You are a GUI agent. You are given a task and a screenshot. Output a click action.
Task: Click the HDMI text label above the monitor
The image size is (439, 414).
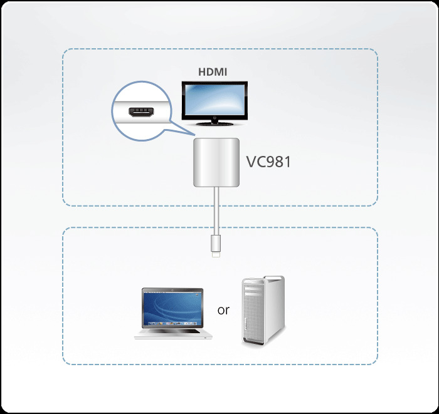tap(213, 72)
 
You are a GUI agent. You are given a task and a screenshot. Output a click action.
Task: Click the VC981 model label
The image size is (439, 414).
tap(268, 162)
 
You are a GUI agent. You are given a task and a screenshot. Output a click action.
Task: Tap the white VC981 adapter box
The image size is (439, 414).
tap(215, 163)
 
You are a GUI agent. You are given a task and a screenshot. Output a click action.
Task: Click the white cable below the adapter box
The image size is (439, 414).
tap(215, 213)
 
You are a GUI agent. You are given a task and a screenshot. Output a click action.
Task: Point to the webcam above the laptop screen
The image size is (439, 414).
tap(172, 289)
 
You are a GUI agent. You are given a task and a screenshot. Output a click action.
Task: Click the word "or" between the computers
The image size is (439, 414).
tap(223, 309)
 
